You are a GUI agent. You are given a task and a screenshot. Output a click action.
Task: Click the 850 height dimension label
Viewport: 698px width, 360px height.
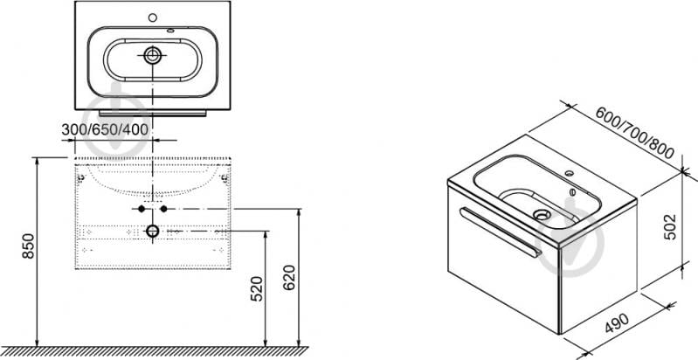(28, 246)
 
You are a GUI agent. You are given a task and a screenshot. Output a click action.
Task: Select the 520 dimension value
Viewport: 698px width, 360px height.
(257, 289)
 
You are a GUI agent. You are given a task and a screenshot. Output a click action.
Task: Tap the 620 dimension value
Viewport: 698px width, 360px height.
(289, 278)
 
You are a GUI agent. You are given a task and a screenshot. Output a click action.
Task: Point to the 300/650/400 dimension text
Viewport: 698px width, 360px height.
(105, 130)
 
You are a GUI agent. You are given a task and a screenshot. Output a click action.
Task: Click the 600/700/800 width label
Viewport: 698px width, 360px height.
(634, 133)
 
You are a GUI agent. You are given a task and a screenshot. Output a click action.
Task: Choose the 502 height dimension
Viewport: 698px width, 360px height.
(669, 227)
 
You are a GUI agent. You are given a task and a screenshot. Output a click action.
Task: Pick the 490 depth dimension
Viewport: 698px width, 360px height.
(617, 323)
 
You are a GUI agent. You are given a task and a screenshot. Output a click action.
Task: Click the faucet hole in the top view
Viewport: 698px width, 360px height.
(153, 17)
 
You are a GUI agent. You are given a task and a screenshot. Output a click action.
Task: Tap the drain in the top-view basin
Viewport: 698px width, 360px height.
(153, 55)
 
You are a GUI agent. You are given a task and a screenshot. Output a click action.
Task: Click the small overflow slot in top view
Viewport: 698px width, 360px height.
(171, 31)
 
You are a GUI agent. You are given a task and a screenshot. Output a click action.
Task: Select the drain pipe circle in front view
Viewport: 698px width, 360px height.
(153, 231)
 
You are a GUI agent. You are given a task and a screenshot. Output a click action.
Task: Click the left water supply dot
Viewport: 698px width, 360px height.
(142, 209)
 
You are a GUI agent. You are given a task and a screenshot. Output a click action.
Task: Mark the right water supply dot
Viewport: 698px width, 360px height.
(164, 209)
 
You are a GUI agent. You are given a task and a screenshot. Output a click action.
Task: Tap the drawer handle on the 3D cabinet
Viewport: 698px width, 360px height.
(501, 232)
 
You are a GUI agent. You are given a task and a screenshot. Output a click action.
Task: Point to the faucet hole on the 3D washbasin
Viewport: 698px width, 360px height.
(569, 172)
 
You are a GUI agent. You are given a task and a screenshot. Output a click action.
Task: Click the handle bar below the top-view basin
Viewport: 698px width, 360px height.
(153, 114)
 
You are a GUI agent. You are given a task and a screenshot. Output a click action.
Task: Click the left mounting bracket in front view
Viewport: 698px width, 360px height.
(81, 179)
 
